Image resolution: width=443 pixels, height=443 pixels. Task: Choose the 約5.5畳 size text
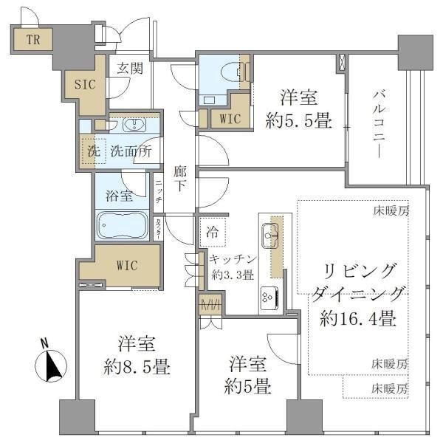click(x=298, y=119)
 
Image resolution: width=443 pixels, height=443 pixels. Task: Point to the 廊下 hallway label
click(x=179, y=178)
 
